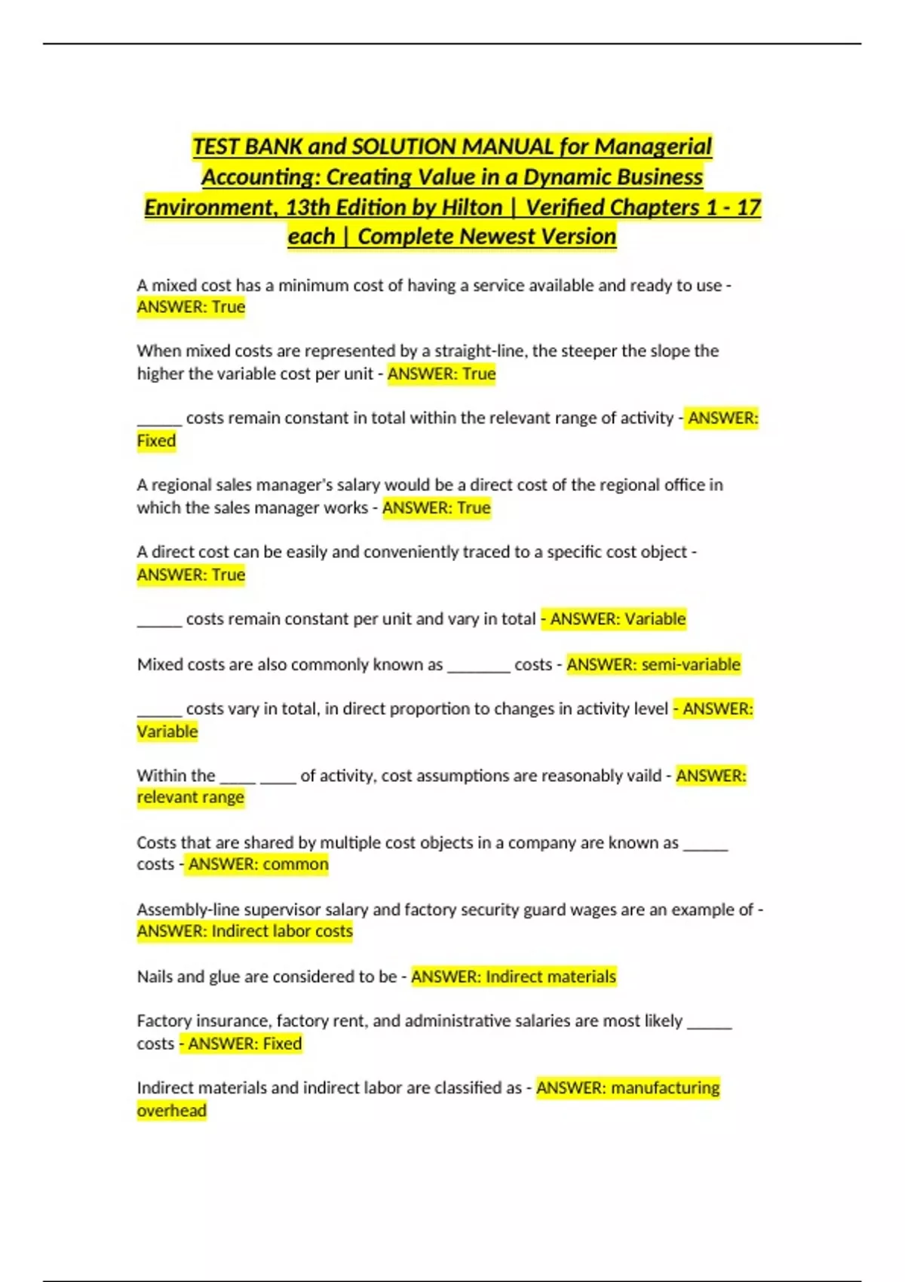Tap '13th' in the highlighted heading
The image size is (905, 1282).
pyautogui.click(x=308, y=207)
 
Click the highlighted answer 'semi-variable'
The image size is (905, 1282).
pyautogui.click(x=691, y=664)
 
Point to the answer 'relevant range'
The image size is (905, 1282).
pyautogui.click(x=190, y=797)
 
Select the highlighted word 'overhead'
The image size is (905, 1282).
pyautogui.click(x=171, y=1111)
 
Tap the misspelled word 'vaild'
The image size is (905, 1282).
pyautogui.click(x=641, y=775)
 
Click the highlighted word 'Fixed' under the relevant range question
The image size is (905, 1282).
pyautogui.click(x=156, y=441)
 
